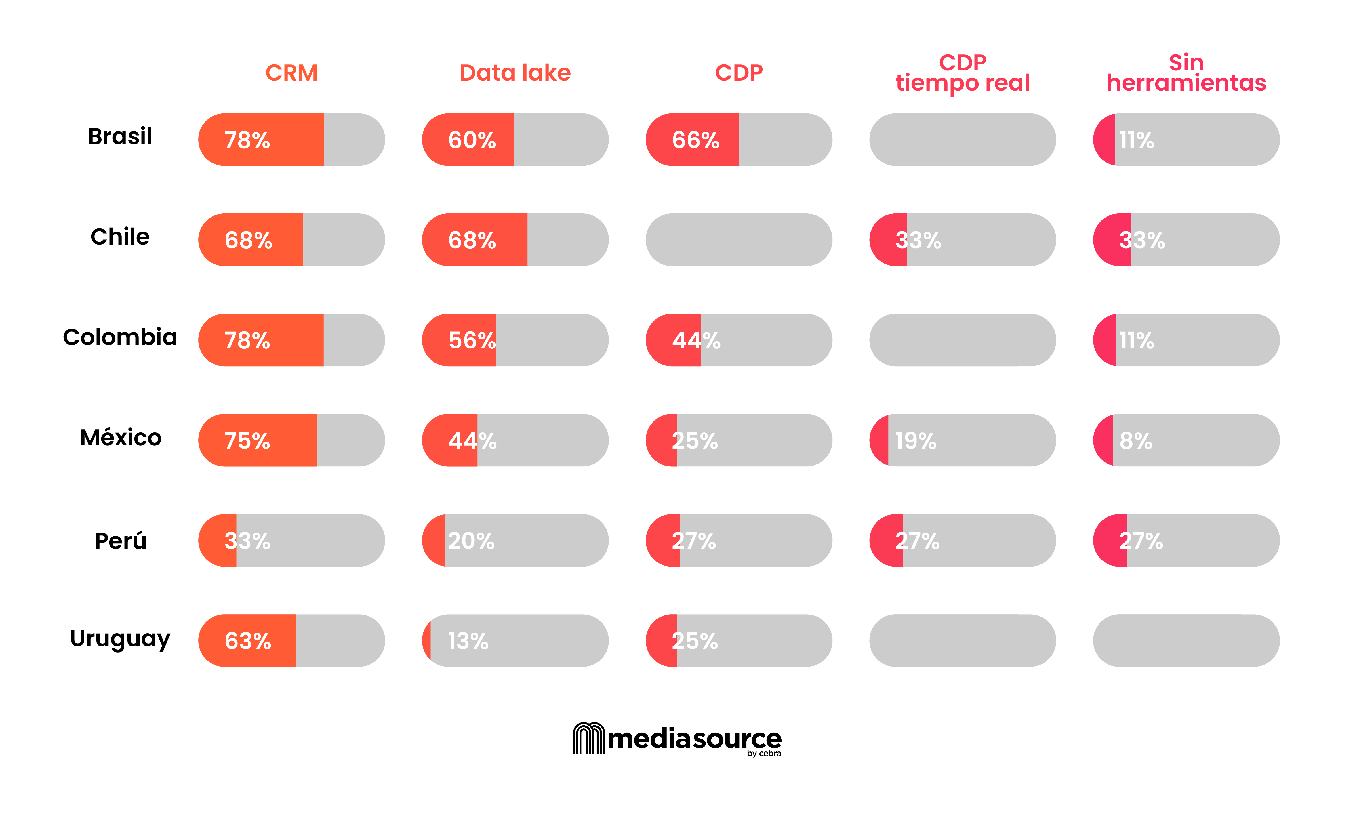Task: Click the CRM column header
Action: tap(291, 73)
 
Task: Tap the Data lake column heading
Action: tap(515, 73)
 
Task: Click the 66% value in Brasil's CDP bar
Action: tap(696, 140)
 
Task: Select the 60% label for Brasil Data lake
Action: tap(472, 140)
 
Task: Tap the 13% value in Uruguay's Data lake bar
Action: tap(468, 641)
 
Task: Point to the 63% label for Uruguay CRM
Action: tap(248, 641)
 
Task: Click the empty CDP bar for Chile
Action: tap(739, 240)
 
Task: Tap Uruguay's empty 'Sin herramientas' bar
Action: tap(1186, 640)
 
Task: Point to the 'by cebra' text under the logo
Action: tap(764, 754)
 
